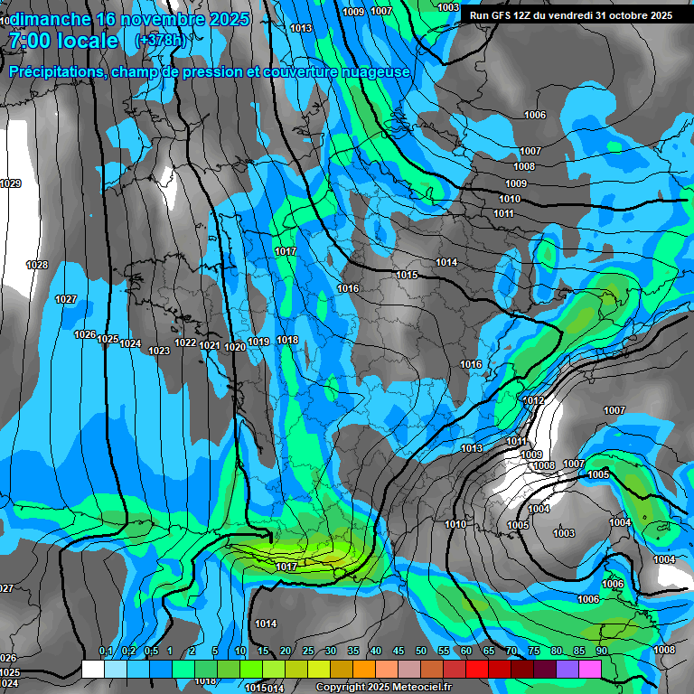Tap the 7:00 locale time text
point(63,41)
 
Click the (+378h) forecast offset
point(160,41)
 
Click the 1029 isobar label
point(10,183)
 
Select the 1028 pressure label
point(37,265)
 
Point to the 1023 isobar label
point(159,351)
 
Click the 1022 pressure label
point(186,343)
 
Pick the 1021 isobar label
point(211,345)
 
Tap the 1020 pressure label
point(235,347)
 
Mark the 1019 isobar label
point(259,342)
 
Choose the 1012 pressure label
point(534,400)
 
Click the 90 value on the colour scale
point(601,652)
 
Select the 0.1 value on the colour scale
point(106,652)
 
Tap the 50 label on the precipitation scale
point(420,652)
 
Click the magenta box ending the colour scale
point(590,669)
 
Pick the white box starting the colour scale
point(92,669)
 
